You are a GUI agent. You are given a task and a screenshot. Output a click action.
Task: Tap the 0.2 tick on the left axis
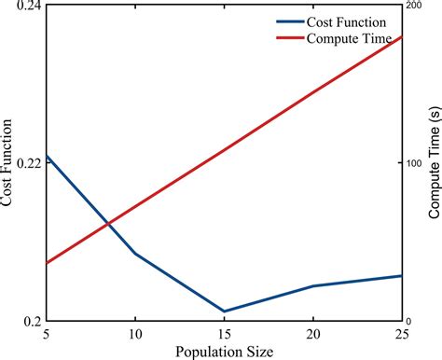pyautogui.click(x=33, y=321)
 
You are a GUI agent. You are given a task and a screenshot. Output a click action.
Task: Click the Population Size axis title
pyautogui.click(x=224, y=351)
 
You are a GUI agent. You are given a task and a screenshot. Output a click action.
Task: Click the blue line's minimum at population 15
pyautogui.click(x=224, y=312)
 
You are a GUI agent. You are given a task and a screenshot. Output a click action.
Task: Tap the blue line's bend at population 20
pyautogui.click(x=313, y=286)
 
